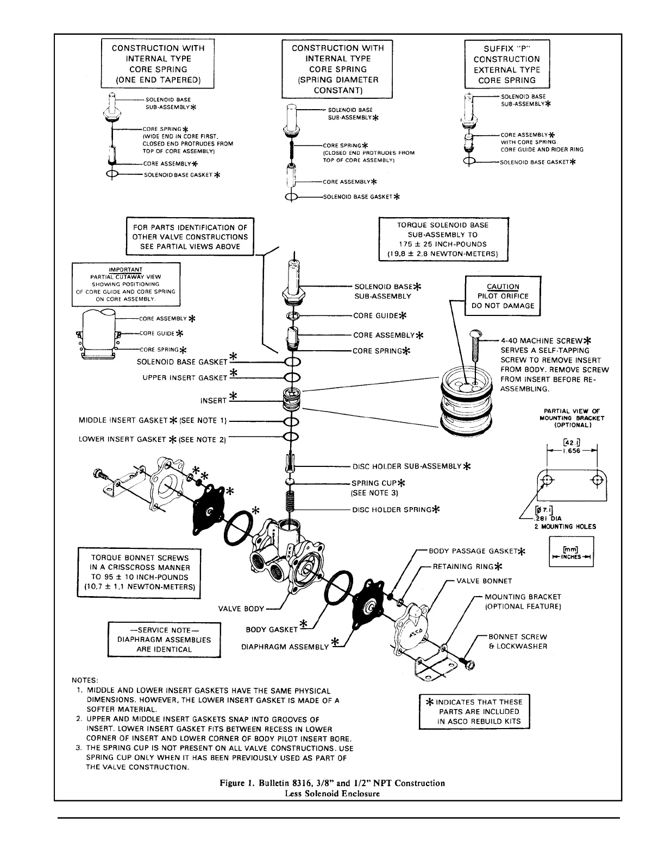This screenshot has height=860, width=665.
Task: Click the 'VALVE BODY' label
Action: tap(241, 609)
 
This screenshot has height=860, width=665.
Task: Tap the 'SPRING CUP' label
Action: tap(375, 483)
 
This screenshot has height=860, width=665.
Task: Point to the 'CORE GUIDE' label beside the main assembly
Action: tap(376, 315)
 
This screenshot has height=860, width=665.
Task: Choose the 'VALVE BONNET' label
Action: tap(484, 581)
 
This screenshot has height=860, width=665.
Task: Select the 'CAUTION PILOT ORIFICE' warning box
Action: tap(503, 296)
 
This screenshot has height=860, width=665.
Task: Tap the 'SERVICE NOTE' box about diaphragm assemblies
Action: tap(164, 640)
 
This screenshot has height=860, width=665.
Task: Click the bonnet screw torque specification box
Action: tap(139, 572)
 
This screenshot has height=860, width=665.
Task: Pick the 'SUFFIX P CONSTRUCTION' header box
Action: tap(507, 64)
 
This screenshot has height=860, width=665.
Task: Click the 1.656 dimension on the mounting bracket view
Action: tap(572, 451)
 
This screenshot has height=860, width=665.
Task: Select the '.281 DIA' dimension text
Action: tap(550, 517)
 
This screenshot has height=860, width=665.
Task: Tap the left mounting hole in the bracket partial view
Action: tap(548, 480)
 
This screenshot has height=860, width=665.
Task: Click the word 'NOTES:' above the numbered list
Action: tap(85, 680)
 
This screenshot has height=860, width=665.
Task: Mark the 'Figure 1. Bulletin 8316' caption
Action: tap(332, 783)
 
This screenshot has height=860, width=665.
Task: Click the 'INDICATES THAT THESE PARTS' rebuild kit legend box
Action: tap(474, 711)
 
